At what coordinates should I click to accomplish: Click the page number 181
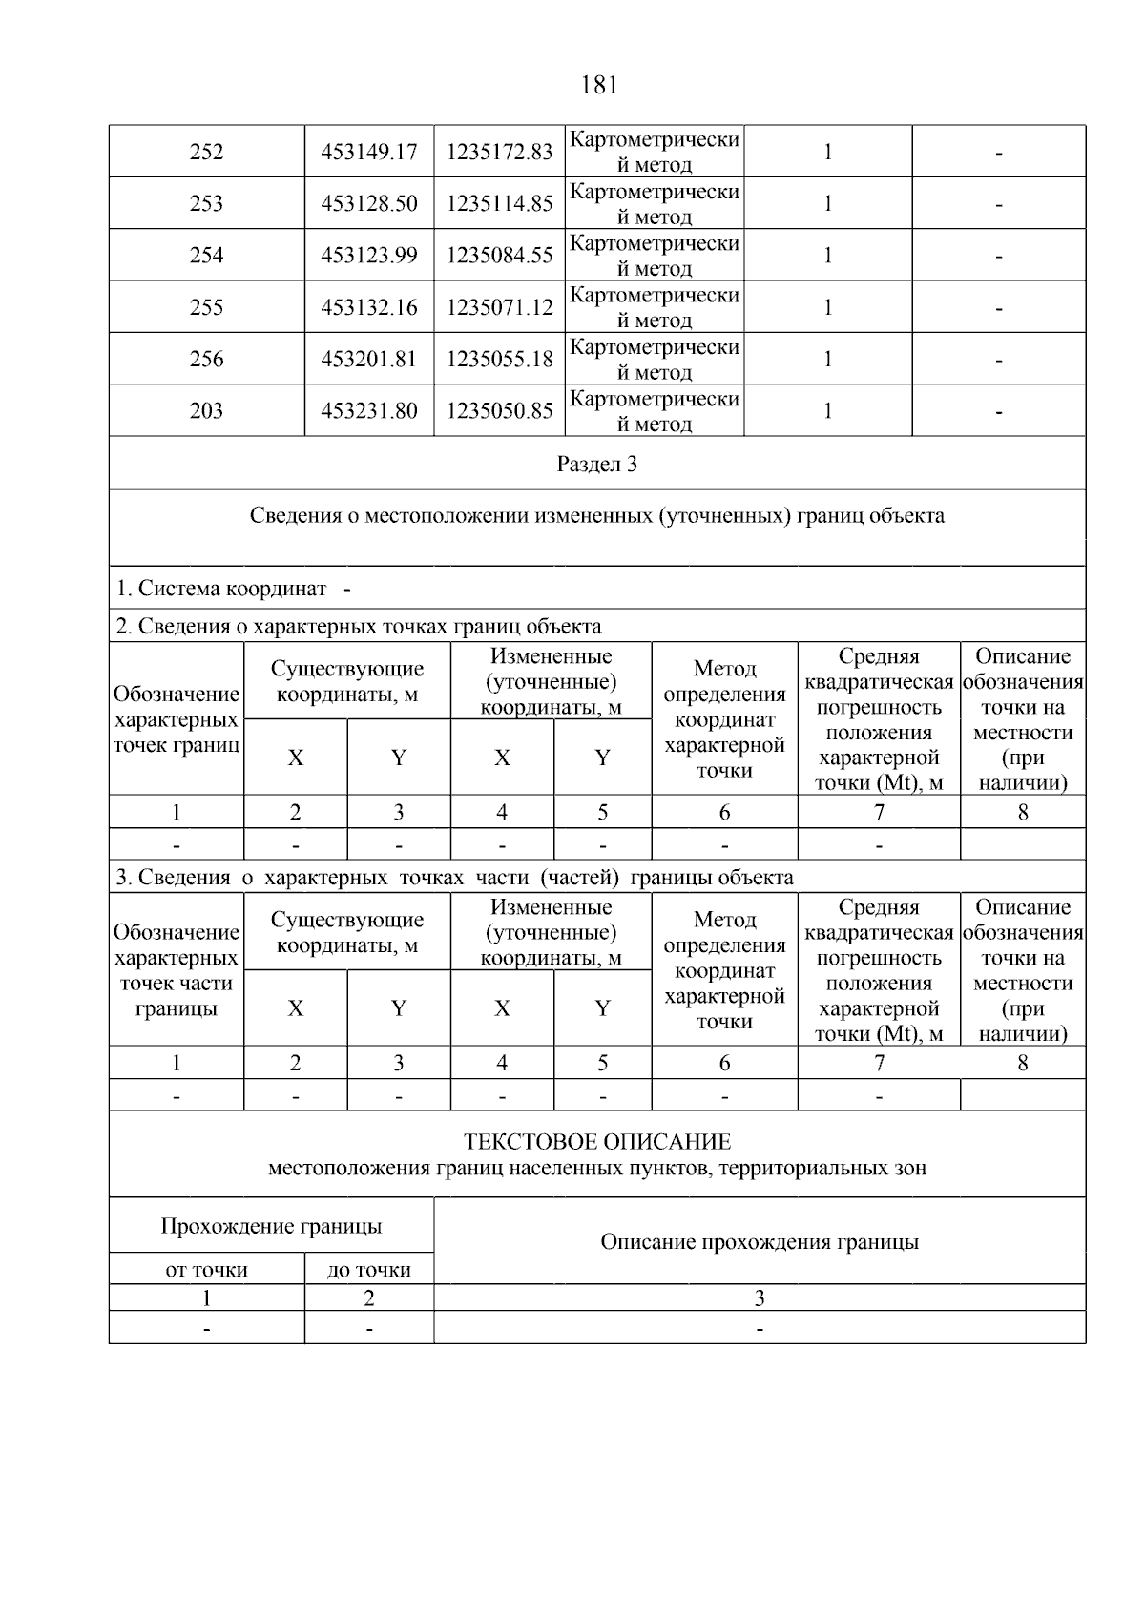tap(599, 86)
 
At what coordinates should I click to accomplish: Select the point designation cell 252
tap(206, 153)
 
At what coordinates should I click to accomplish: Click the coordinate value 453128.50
tap(369, 204)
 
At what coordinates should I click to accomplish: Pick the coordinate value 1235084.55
tap(500, 256)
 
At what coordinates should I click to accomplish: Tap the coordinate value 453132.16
tap(369, 308)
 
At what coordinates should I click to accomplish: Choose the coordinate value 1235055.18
tap(500, 360)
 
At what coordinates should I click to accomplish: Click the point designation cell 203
tap(206, 411)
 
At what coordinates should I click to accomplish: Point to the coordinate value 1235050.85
tap(500, 411)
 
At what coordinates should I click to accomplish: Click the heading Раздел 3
tap(597, 465)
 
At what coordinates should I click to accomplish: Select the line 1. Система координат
tap(233, 589)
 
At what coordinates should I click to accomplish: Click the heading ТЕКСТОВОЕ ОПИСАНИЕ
tap(597, 1142)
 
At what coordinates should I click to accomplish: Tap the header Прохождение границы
tap(271, 1226)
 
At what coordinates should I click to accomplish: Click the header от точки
tap(206, 1270)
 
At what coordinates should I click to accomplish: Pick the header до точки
tap(369, 1270)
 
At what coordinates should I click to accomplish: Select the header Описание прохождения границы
tap(760, 1242)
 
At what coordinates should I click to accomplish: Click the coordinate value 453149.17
tap(369, 153)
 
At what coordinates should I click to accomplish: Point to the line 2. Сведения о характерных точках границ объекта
tap(359, 627)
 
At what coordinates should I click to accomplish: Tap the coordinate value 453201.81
tap(369, 360)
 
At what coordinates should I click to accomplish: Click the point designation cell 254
tap(206, 256)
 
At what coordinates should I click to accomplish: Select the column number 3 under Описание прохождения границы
tap(760, 1298)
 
